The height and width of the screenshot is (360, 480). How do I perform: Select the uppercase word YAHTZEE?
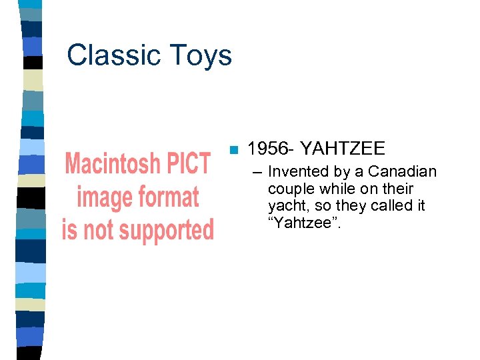click(343, 149)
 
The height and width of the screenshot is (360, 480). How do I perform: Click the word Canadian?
click(403, 172)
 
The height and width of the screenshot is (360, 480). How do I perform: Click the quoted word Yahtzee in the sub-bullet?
click(306, 223)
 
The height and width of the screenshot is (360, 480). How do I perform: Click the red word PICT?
click(188, 164)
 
